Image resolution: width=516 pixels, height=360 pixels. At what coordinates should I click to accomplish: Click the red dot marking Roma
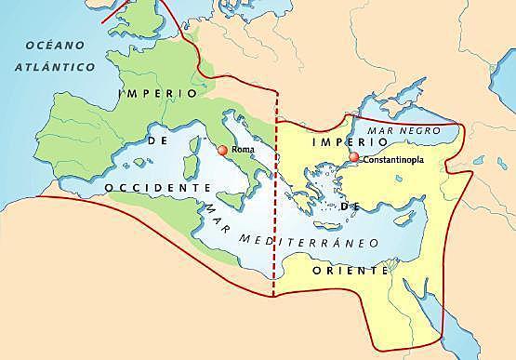[x=221, y=150]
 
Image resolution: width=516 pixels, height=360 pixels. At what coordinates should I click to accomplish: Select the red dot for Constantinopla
[x=353, y=158]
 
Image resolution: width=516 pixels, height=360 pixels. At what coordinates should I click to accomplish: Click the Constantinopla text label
[x=391, y=160]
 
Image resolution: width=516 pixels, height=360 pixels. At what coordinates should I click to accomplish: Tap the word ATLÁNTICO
[x=56, y=67]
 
